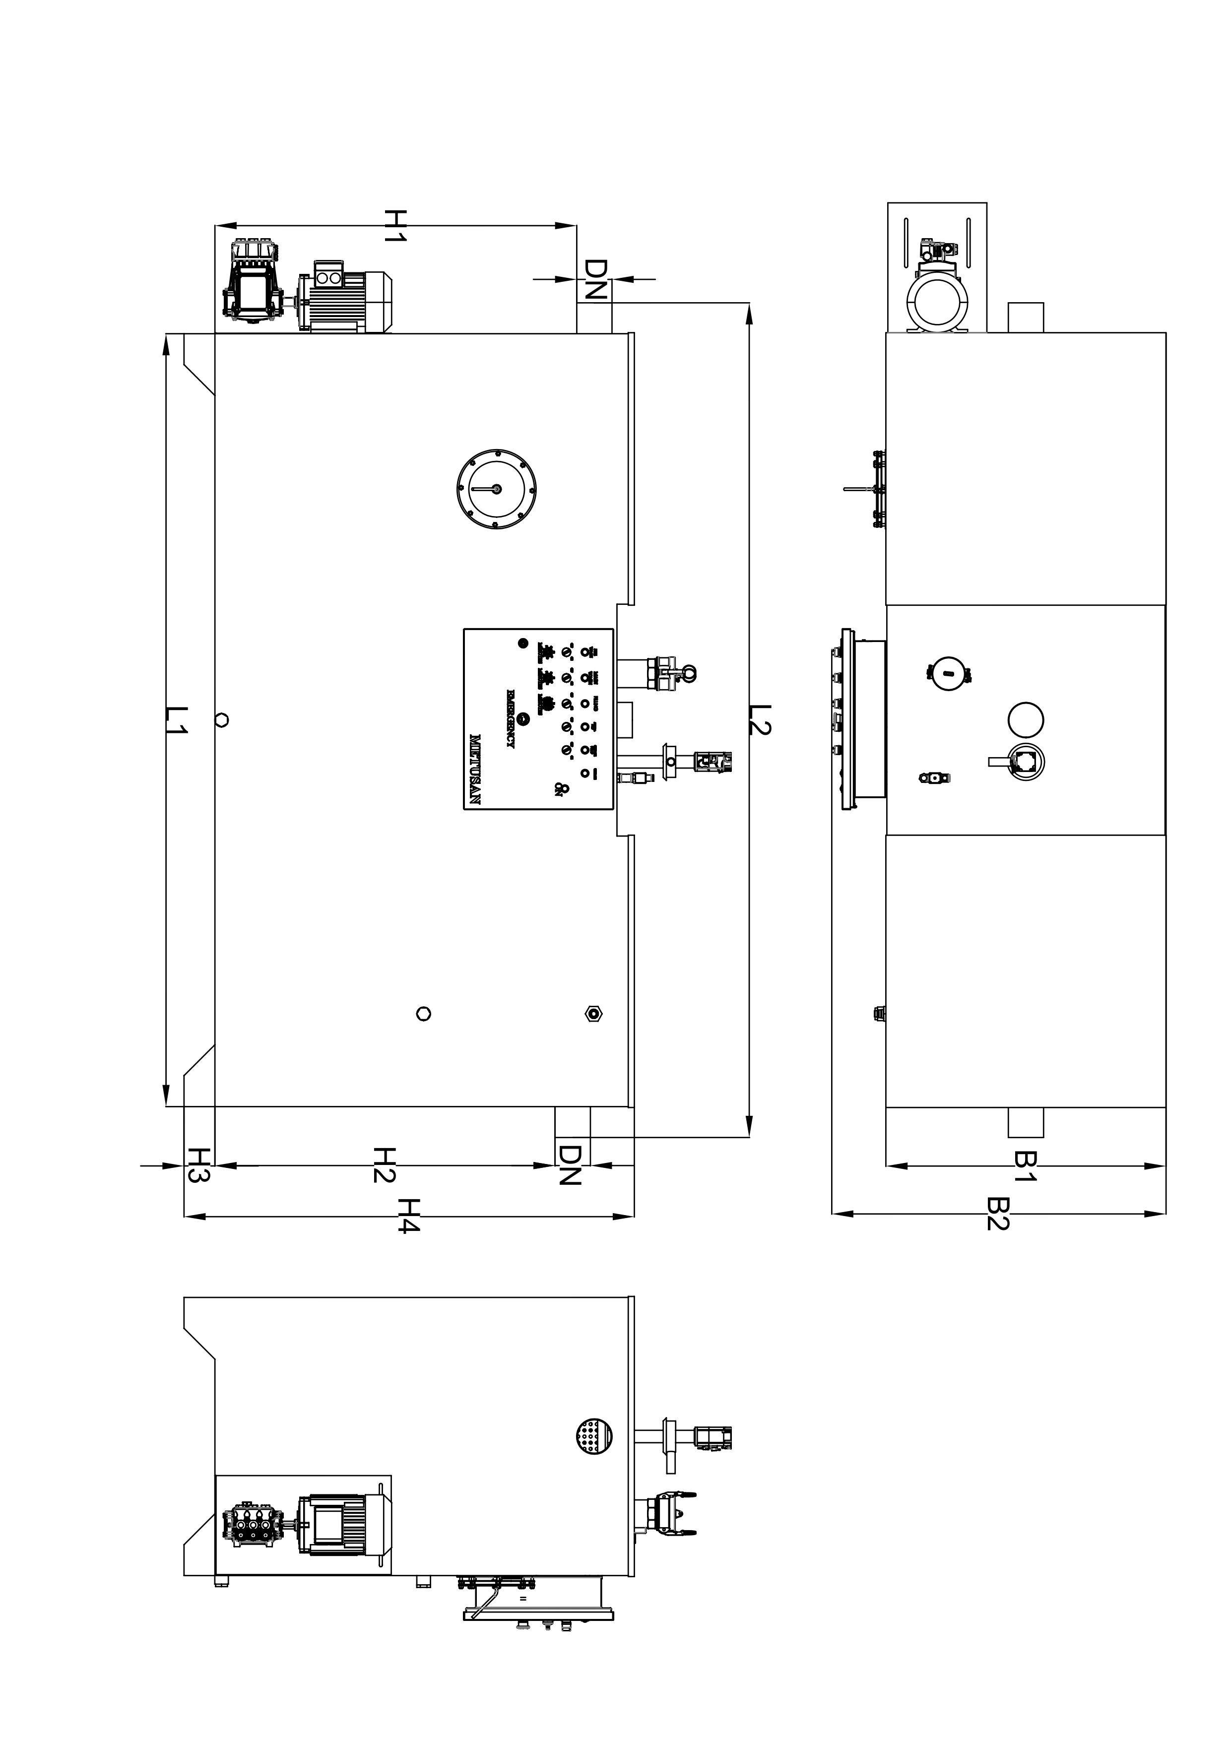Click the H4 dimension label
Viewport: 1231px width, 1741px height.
[x=408, y=1216]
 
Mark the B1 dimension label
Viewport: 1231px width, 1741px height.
[x=1025, y=1165]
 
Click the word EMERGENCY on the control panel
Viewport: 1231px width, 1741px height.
[x=509, y=719]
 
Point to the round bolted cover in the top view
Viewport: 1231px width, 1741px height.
[x=497, y=489]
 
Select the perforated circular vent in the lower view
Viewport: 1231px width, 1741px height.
[x=593, y=1436]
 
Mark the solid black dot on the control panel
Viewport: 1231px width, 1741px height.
[x=522, y=644]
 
